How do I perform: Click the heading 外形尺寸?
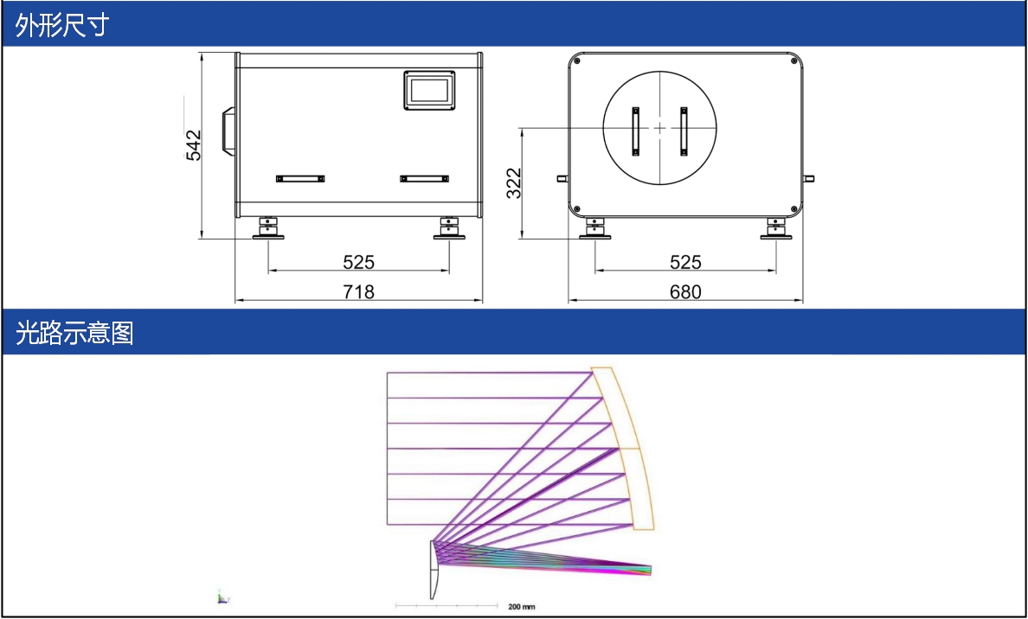click(61, 26)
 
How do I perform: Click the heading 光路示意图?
click(74, 334)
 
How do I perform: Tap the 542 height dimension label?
click(194, 144)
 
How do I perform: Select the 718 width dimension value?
click(358, 291)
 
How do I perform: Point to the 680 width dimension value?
click(685, 291)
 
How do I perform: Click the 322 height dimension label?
click(514, 182)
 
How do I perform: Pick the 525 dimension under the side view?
click(358, 262)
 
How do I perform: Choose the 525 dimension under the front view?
click(685, 262)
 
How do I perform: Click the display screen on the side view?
click(428, 90)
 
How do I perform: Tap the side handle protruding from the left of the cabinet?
click(228, 131)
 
